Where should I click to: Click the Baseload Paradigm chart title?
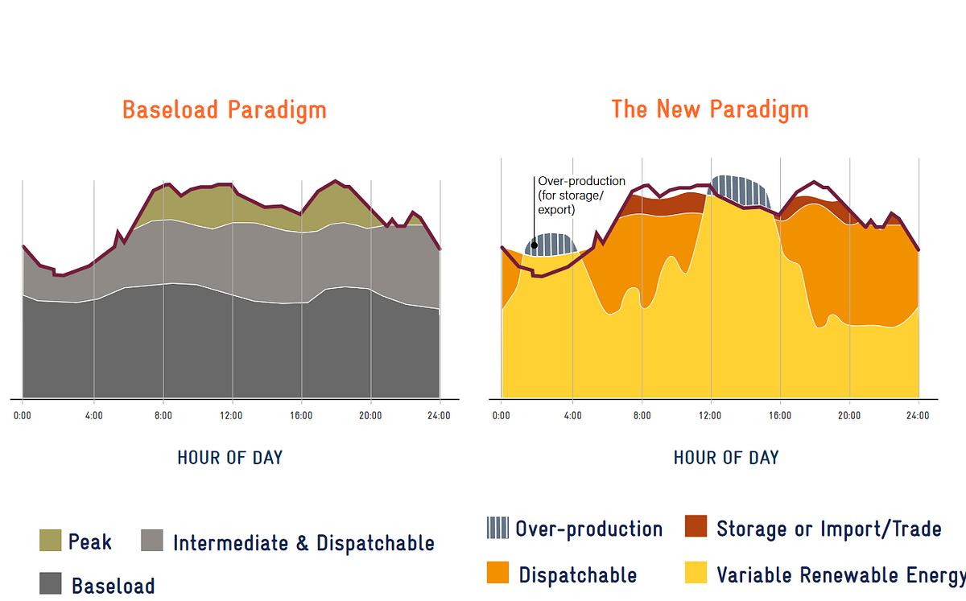click(x=225, y=109)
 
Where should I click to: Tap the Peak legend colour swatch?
click(x=51, y=540)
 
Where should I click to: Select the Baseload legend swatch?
click(x=51, y=583)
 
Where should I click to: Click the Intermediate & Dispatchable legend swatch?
click(x=152, y=540)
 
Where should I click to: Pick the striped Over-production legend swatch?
click(x=497, y=528)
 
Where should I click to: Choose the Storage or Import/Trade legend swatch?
click(x=696, y=526)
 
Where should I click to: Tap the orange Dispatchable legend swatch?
click(x=497, y=572)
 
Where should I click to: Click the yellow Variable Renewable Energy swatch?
click(x=696, y=572)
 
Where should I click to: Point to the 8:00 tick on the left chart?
click(x=163, y=416)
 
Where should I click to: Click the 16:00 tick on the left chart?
click(x=301, y=416)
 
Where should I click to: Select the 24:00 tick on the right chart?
click(x=918, y=416)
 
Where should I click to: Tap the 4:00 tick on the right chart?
click(x=572, y=416)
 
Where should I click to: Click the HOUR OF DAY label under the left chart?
click(x=230, y=458)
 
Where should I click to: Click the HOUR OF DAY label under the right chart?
click(x=726, y=458)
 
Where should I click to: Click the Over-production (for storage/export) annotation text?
click(x=581, y=196)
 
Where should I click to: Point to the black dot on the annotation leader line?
click(x=535, y=245)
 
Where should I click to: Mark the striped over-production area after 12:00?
click(x=740, y=191)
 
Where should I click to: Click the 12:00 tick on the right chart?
click(x=710, y=416)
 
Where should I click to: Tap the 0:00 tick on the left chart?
click(x=23, y=416)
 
